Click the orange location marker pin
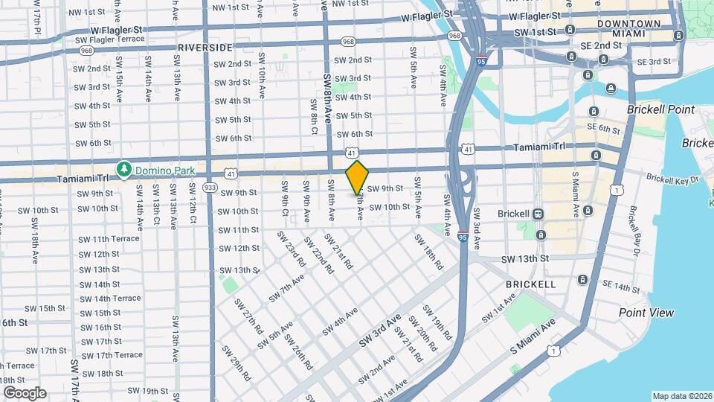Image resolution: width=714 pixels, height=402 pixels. pyautogui.click(x=358, y=177)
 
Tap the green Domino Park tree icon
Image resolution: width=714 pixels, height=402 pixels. pyautogui.click(x=123, y=170)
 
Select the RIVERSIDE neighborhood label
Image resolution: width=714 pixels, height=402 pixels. pyautogui.click(x=205, y=47)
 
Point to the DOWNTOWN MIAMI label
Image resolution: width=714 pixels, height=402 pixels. pyautogui.click(x=628, y=30)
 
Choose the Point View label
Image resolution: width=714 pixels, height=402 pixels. pyautogui.click(x=646, y=313)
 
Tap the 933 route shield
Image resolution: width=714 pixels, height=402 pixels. pyautogui.click(x=210, y=188)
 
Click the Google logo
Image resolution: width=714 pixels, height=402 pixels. pyautogui.click(x=24, y=393)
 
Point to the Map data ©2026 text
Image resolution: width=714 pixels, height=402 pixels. pyautogui.click(x=681, y=396)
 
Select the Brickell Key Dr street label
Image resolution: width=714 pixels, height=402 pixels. pyautogui.click(x=672, y=179)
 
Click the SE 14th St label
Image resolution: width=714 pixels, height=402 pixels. pyautogui.click(x=621, y=286)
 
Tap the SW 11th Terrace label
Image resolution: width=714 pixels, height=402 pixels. pyautogui.click(x=109, y=238)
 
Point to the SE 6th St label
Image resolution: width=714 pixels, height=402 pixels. pyautogui.click(x=603, y=129)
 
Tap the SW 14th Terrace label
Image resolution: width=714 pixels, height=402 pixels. pyautogui.click(x=110, y=299)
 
